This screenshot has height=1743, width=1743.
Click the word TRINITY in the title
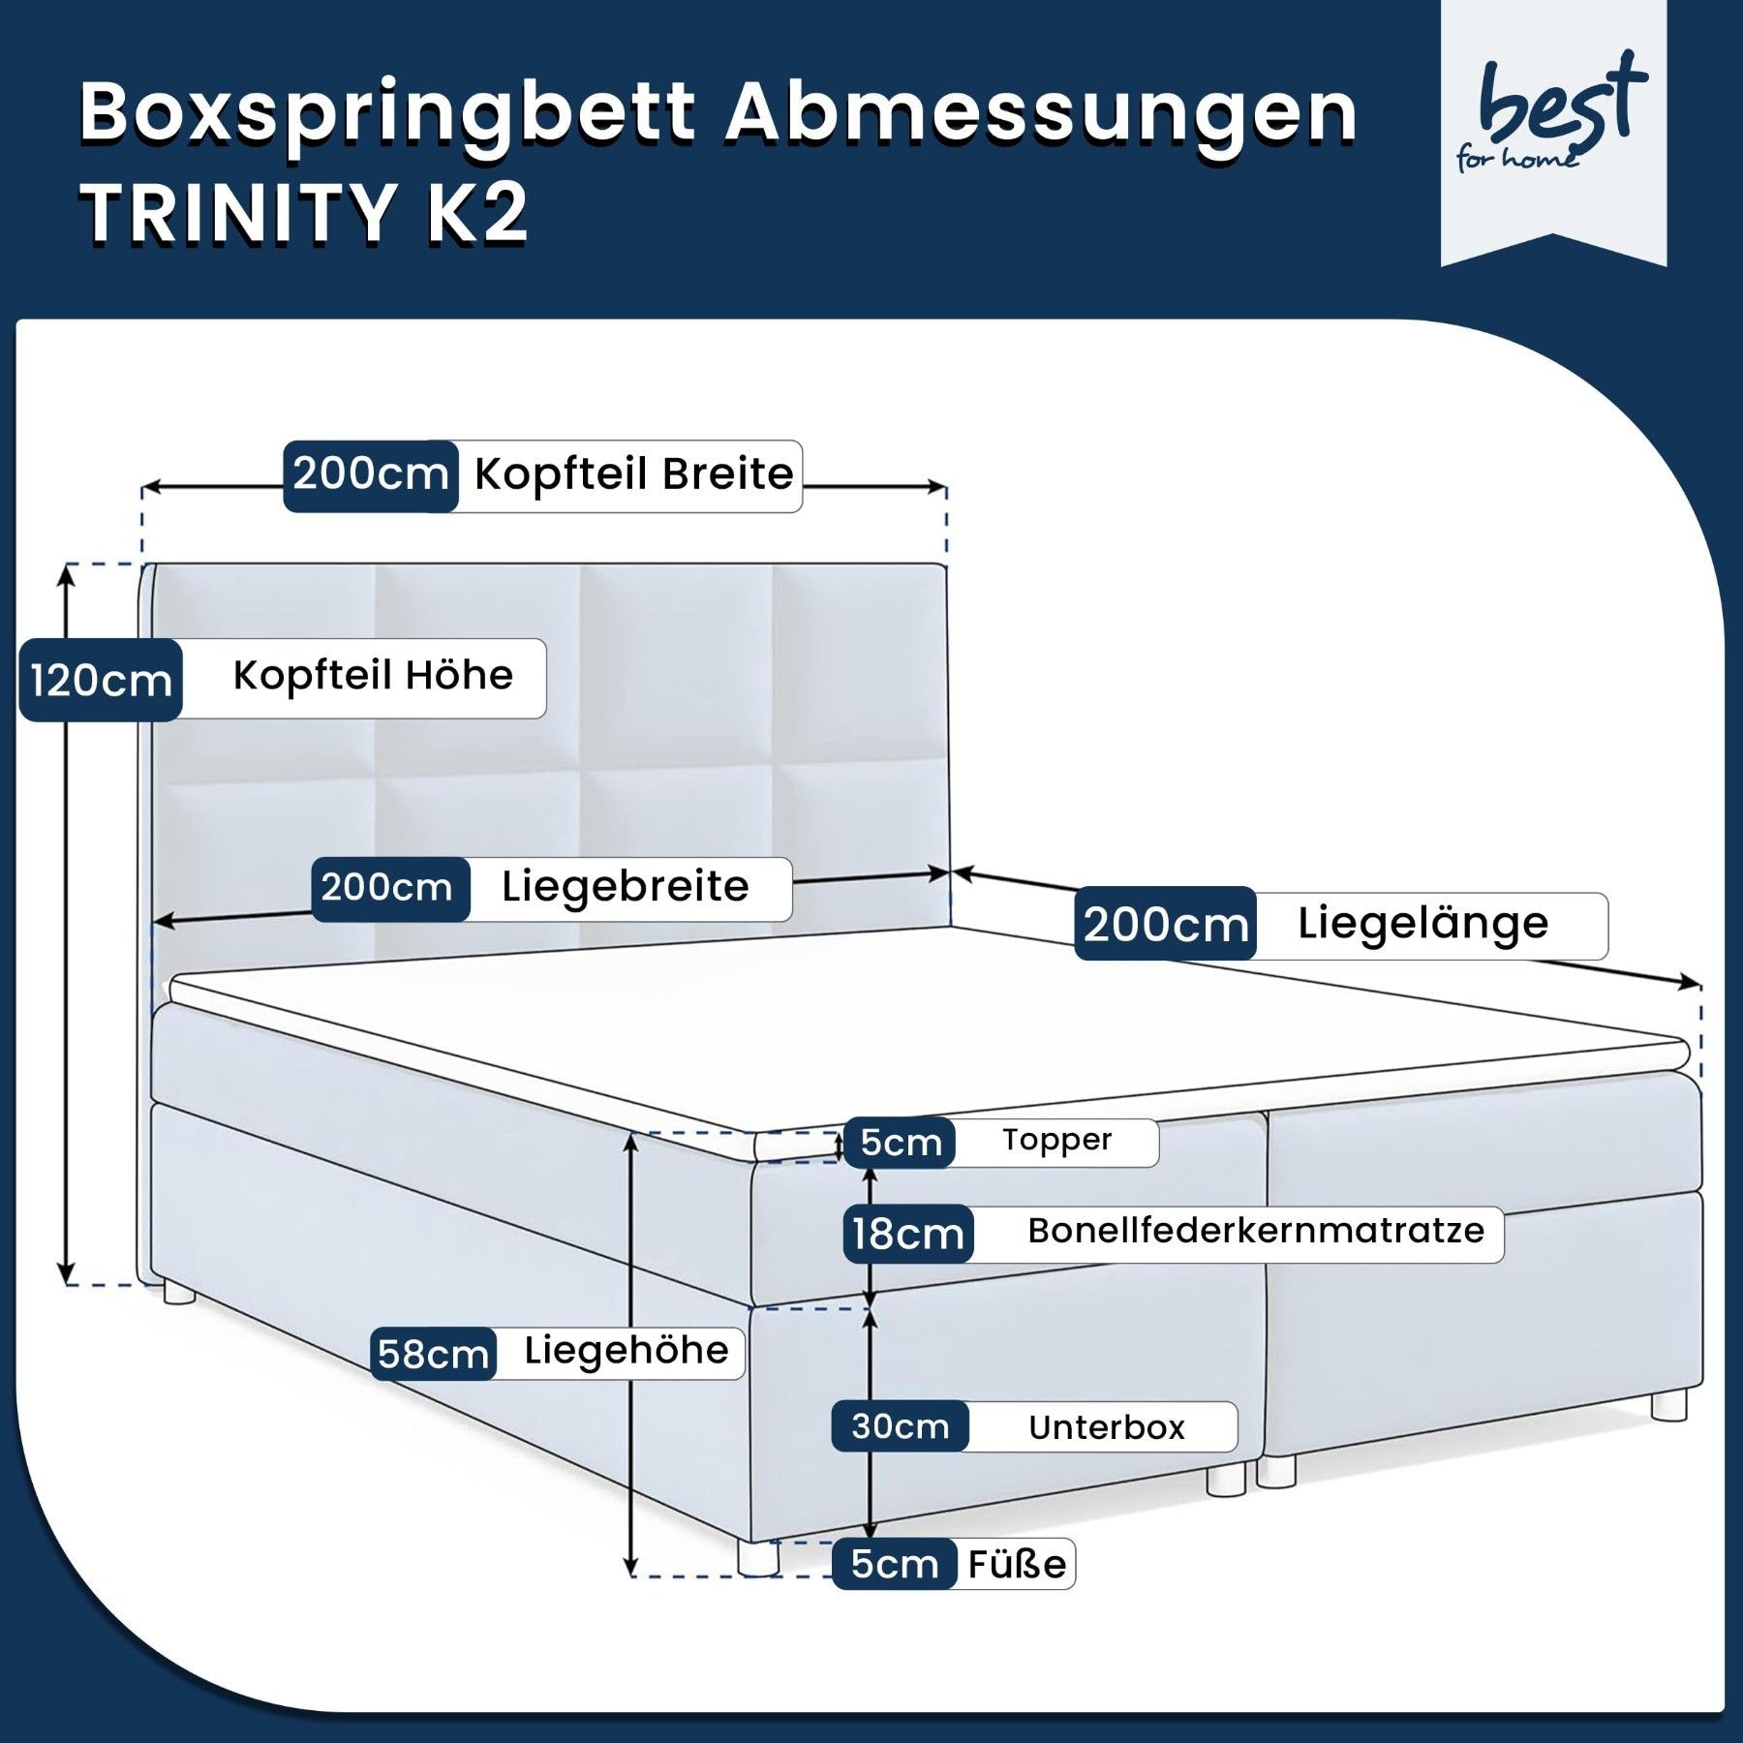[x=238, y=212]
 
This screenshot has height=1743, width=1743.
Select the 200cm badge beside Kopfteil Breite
[x=371, y=475]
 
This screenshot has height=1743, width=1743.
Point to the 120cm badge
[x=101, y=680]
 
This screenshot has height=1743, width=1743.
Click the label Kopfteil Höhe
[x=373, y=676]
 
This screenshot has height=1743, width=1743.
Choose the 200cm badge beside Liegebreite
[x=387, y=888]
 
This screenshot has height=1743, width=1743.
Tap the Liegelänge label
[x=1422, y=923]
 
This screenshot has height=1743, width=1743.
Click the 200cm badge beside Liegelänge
[x=1165, y=925]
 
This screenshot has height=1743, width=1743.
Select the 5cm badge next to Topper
[x=901, y=1143]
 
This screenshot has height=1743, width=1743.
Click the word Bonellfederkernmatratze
[x=1256, y=1231]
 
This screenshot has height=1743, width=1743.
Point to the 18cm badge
[x=908, y=1235]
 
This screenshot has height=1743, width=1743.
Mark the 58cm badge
[x=433, y=1354]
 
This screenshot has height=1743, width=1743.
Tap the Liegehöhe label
[x=627, y=1351]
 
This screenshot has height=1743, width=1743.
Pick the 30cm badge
[x=901, y=1426]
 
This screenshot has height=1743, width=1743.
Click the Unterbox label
[x=1107, y=1427]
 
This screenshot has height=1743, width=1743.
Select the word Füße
[x=1017, y=1564]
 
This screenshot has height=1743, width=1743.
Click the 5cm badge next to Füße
[x=895, y=1564]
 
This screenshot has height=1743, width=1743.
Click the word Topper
[x=1056, y=1141]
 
